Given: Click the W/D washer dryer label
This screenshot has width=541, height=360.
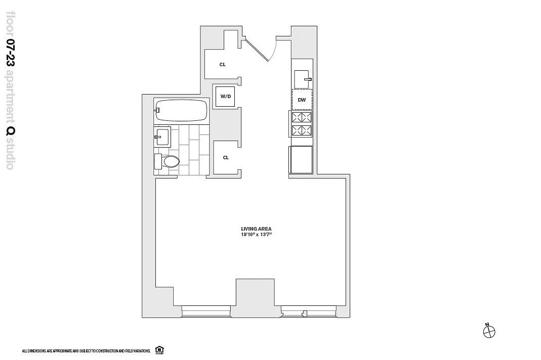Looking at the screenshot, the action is coord(226,96).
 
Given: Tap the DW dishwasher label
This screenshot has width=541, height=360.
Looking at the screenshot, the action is coord(302,100).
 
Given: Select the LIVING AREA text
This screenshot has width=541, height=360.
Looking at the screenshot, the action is coord(256,229).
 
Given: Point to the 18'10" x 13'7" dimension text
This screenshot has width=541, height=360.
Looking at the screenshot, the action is coord(254,235).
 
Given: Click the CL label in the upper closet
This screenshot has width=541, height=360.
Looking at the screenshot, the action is coord(223,65).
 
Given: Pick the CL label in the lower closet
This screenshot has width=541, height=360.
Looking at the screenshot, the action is coord(226,158).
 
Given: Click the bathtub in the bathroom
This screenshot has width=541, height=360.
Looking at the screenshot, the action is coord(181,110).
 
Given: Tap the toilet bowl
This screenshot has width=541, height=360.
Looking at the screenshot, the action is coord(172,161).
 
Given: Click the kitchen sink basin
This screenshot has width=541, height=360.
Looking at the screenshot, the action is coord(302,79).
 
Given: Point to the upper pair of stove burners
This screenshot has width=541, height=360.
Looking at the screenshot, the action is coord(302,117).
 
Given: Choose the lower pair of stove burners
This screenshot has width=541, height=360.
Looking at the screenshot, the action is coord(302,130).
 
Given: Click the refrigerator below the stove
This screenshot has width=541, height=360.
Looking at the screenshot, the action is coord(301,160).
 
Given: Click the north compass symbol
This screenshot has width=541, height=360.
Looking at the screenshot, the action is coord(489,331).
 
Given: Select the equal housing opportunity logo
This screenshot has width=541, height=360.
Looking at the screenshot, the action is coord(159,350).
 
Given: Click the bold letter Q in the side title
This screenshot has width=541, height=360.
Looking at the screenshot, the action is coord(10,131).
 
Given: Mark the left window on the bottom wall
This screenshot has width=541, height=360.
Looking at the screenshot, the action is coord(206,310).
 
